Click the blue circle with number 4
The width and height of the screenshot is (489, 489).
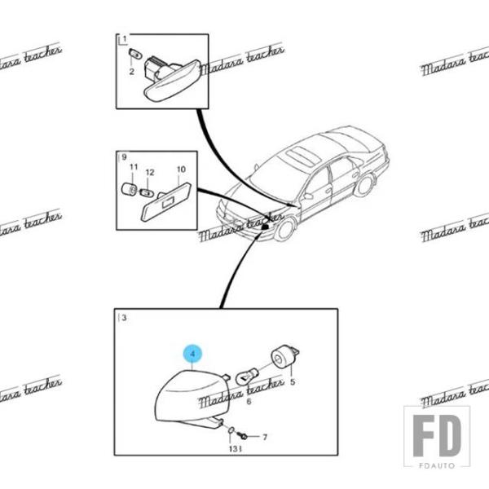tap(192, 354)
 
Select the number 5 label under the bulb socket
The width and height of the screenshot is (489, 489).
tap(292, 381)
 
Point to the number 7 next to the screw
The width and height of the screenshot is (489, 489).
tap(264, 437)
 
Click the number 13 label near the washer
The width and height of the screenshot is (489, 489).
tap(232, 448)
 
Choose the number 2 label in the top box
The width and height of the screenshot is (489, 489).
tap(131, 72)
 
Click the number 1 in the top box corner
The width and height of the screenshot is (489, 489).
tap(124, 40)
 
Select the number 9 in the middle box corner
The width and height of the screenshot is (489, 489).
tap(124, 156)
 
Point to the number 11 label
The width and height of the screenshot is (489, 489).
tap(134, 167)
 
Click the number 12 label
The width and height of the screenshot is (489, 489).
tap(150, 173)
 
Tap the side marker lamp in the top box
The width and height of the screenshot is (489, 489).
tap(169, 78)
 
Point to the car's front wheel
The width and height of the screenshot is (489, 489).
tap(284, 228)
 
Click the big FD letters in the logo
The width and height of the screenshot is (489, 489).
tap(437, 437)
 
